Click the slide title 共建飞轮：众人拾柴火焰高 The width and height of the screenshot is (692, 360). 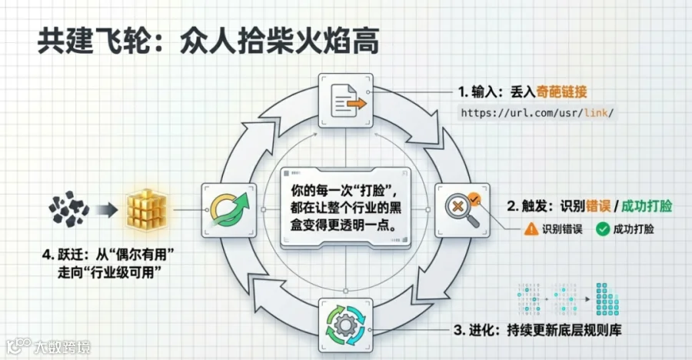pyautogui.click(x=208, y=42)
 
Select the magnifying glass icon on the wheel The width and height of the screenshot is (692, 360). pyautogui.click(x=462, y=210)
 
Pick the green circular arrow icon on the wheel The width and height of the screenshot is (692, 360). pyautogui.click(x=228, y=210)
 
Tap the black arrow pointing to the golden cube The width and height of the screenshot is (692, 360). pyautogui.click(x=108, y=208)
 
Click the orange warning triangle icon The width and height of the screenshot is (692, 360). pyautogui.click(x=531, y=228)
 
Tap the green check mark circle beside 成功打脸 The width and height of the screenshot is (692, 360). pyautogui.click(x=604, y=228)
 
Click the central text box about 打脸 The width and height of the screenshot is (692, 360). pyautogui.click(x=345, y=208)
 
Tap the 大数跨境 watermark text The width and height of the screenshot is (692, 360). pyautogui.click(x=62, y=347)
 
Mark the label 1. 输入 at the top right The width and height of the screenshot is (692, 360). pyautogui.click(x=478, y=92)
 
